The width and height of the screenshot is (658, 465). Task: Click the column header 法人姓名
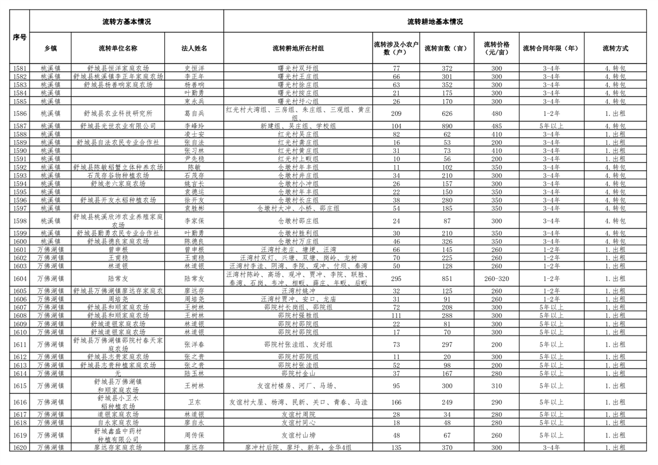(x=194, y=49)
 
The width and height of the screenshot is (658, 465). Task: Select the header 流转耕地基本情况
(x=435, y=22)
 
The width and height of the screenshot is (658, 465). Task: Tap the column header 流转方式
(x=615, y=49)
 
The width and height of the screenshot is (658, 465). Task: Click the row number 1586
(x=19, y=114)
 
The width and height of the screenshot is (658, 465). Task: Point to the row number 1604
(x=19, y=279)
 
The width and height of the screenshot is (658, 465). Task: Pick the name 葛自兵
(x=194, y=114)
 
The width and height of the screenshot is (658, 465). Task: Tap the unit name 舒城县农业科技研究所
(x=118, y=114)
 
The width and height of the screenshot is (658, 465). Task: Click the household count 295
(x=396, y=279)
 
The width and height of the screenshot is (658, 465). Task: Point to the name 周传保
(x=194, y=435)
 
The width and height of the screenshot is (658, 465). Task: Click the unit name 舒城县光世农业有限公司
(x=118, y=126)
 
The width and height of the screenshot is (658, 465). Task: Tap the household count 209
(x=396, y=114)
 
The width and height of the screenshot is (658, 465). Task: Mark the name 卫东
(x=194, y=402)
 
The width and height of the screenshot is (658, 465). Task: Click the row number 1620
(x=19, y=447)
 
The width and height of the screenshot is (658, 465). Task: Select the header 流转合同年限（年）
(x=551, y=49)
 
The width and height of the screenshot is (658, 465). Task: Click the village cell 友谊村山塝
(x=298, y=435)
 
